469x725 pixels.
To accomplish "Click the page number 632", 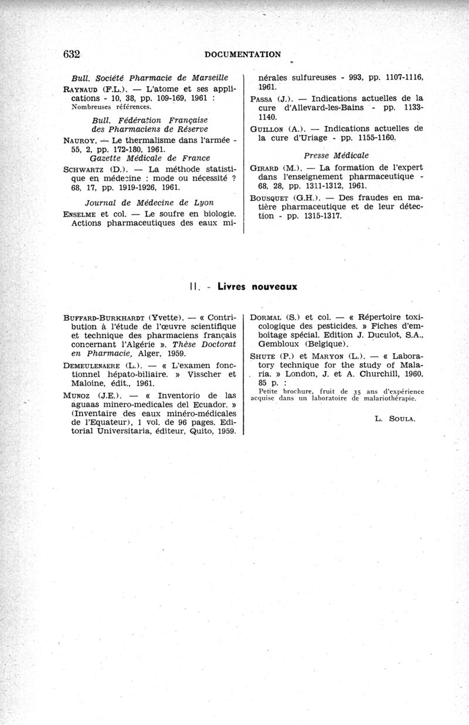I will point(72,54).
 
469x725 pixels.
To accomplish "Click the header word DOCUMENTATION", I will point(243,55).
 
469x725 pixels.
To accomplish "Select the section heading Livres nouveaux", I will point(257,287).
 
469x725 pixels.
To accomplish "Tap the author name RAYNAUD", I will point(80,89).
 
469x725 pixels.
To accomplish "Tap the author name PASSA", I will point(261,98).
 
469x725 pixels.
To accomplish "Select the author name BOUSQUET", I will point(270,198).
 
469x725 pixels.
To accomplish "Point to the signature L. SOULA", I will point(394,418).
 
